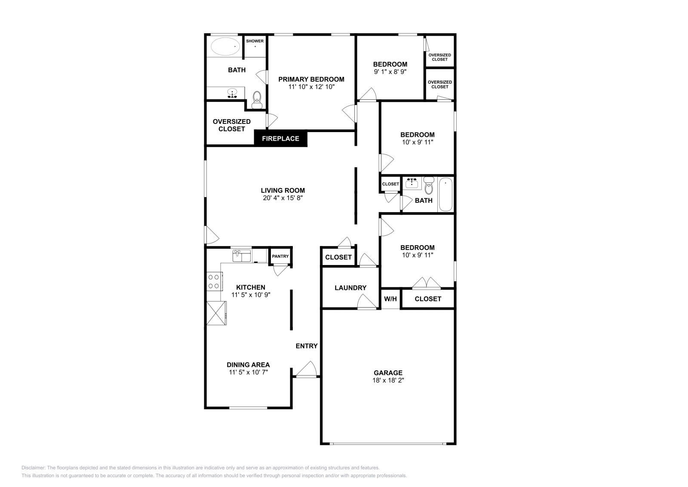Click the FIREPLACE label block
pos(280,139)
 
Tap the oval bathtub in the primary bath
pos(225,46)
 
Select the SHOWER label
pos(255,41)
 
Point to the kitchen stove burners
pos(213,282)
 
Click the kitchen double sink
pos(242,256)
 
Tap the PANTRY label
pos(280,256)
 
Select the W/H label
pos(390,299)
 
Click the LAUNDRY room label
pos(350,288)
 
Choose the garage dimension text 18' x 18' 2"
pos(388,380)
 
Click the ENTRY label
pos(307,346)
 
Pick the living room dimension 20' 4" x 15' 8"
pos(283,198)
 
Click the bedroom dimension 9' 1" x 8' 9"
pos(390,72)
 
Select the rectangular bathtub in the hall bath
pos(445,195)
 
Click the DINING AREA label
pos(249,365)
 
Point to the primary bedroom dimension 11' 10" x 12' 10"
pos(311,86)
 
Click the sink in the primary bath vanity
pos(233,93)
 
